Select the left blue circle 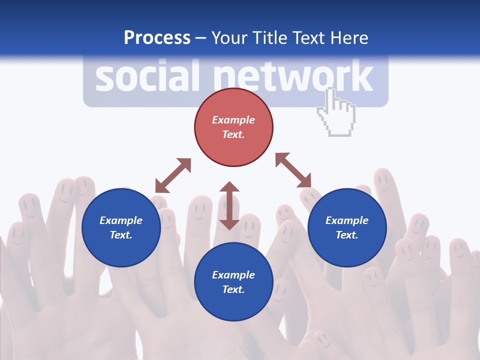pyautogui.click(x=121, y=227)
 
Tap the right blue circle pyautogui.click(x=347, y=227)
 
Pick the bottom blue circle pyautogui.click(x=233, y=282)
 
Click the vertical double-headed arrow pyautogui.click(x=229, y=205)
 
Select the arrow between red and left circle pyautogui.click(x=173, y=175)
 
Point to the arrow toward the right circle pyautogui.click(x=293, y=170)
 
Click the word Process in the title pyautogui.click(x=157, y=38)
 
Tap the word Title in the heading pyautogui.click(x=270, y=38)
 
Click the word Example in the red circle pyautogui.click(x=233, y=120)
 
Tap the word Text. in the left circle pyautogui.click(x=121, y=235)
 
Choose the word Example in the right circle pyautogui.click(x=347, y=220)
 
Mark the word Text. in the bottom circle pyautogui.click(x=233, y=289)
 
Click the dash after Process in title pyautogui.click(x=201, y=38)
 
